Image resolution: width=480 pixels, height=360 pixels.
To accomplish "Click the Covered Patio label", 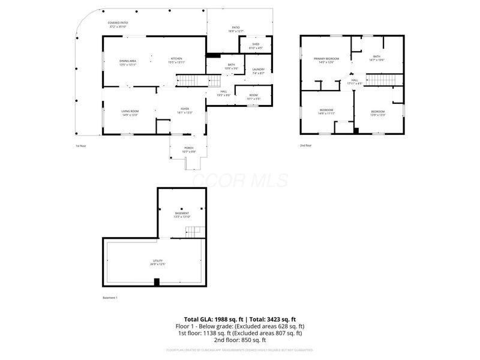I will [x=118, y=25].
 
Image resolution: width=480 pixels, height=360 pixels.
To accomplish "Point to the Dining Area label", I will [x=128, y=62].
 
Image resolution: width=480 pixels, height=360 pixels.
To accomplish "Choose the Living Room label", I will [x=130, y=112].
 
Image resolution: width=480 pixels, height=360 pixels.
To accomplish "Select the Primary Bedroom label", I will [x=326, y=60].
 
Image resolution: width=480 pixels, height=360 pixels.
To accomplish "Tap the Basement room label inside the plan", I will [x=182, y=215].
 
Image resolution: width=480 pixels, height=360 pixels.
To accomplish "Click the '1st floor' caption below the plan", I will [x=81, y=146].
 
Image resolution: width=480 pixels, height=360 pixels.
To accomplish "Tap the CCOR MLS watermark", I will [x=239, y=180].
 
